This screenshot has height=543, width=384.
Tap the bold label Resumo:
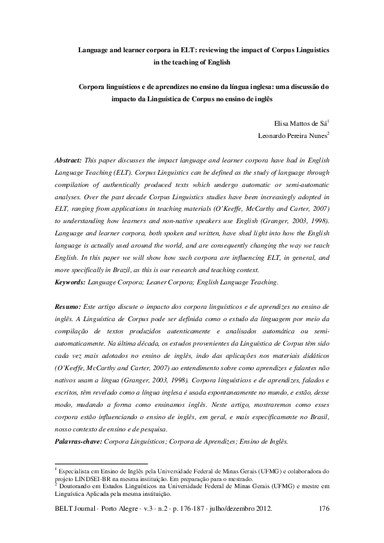(68, 307)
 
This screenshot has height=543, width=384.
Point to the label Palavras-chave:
(79, 442)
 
